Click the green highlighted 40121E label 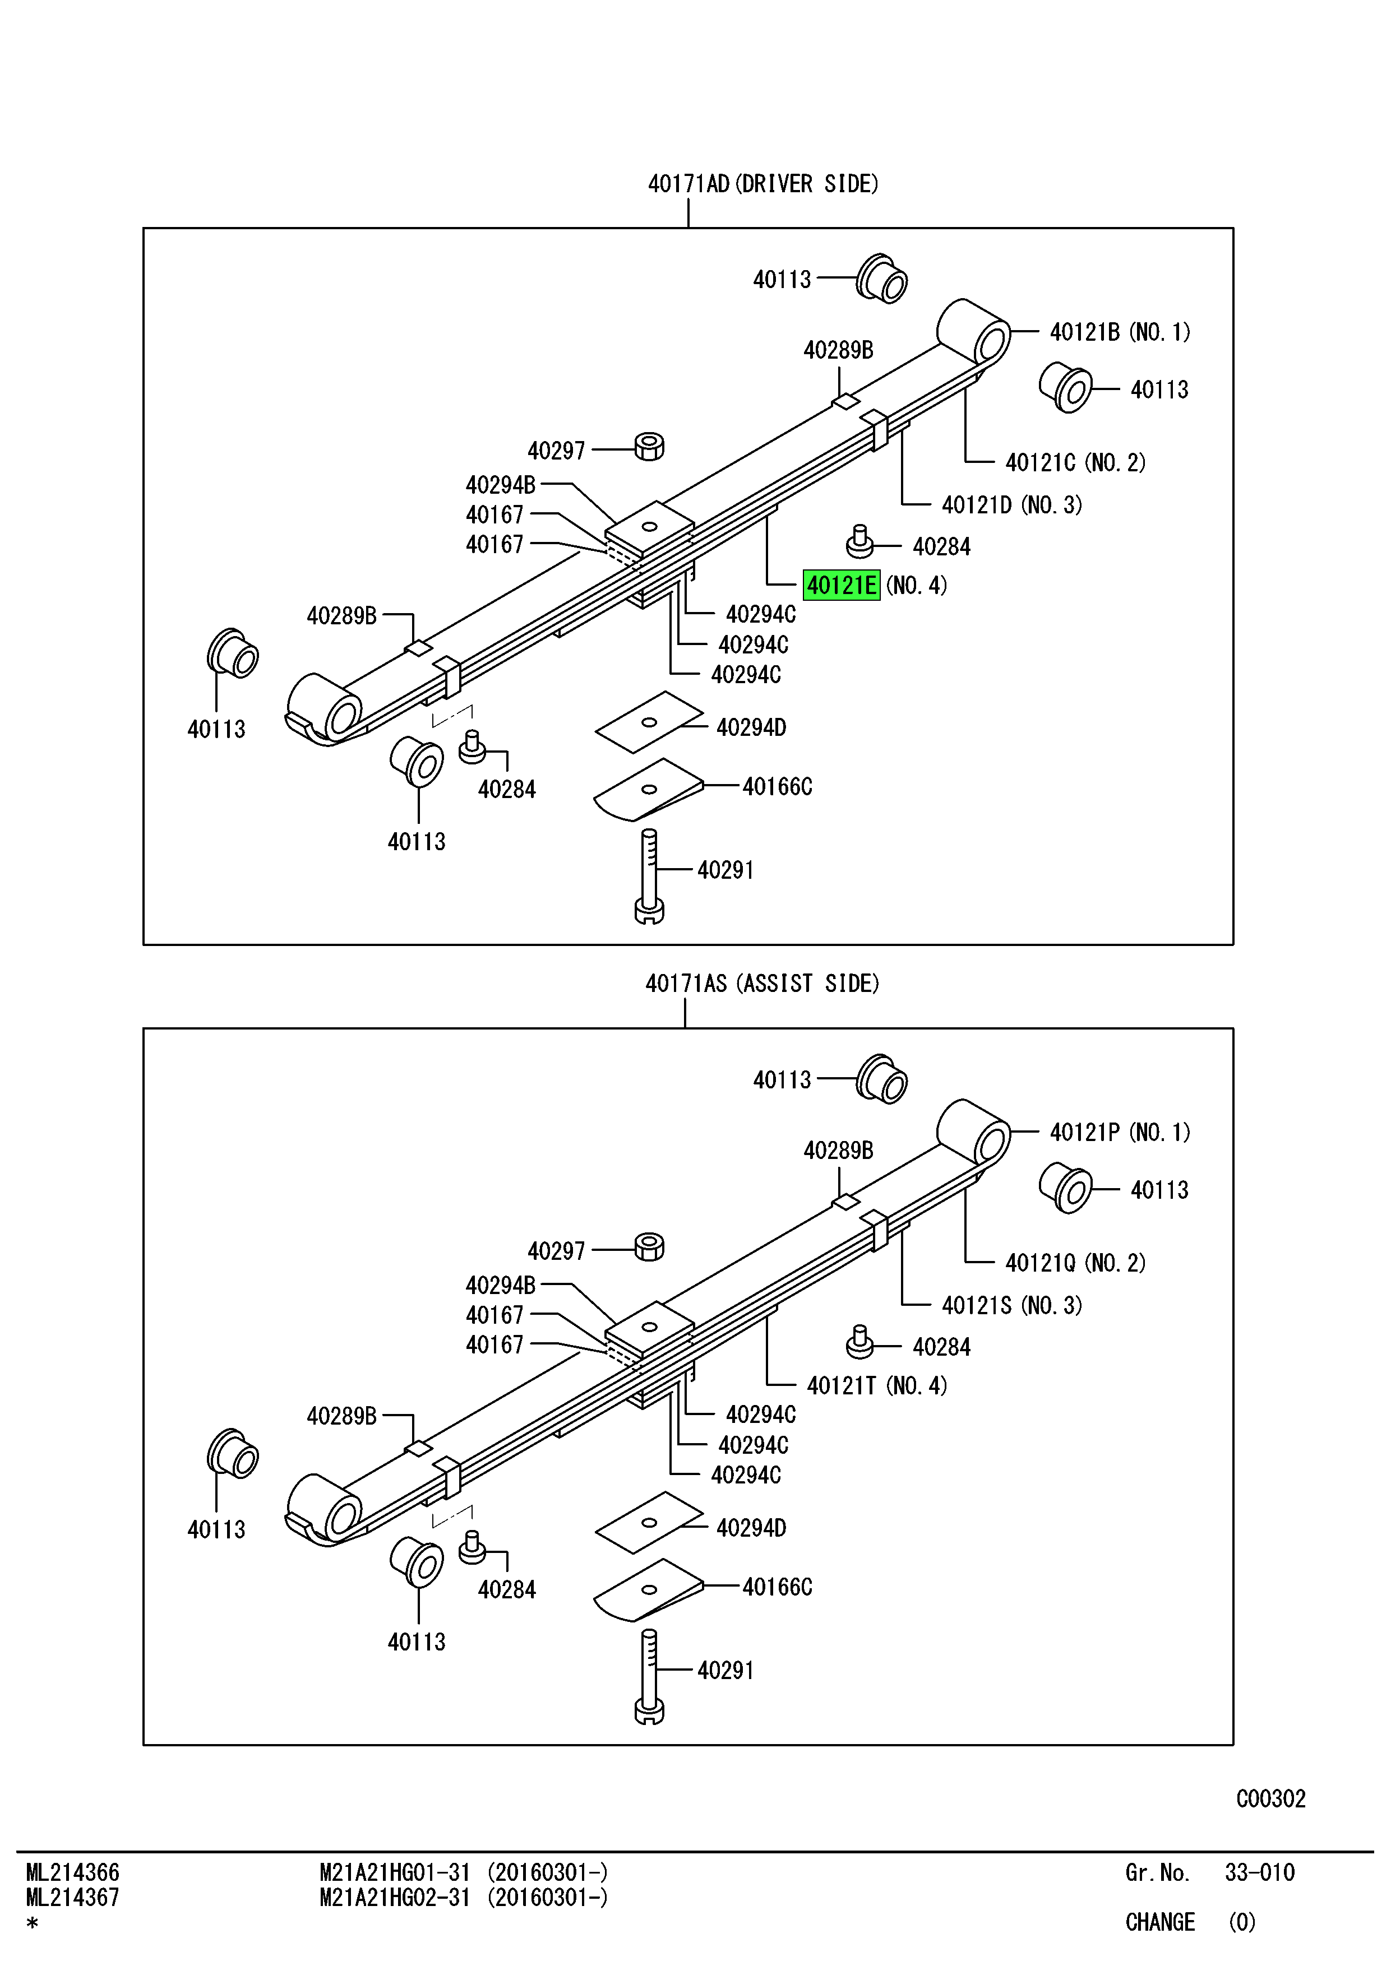841,586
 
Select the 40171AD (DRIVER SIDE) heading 762,184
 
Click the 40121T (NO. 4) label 876,1385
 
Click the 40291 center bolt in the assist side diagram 649,1676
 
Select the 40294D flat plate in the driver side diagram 648,722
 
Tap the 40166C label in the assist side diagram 777,1587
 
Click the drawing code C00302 1270,1798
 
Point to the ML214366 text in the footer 73,1872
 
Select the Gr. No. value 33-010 1259,1872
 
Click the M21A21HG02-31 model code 395,1898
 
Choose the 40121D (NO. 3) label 1011,505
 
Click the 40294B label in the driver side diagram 500,485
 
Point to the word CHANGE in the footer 1160,1922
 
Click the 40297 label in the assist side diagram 556,1251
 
